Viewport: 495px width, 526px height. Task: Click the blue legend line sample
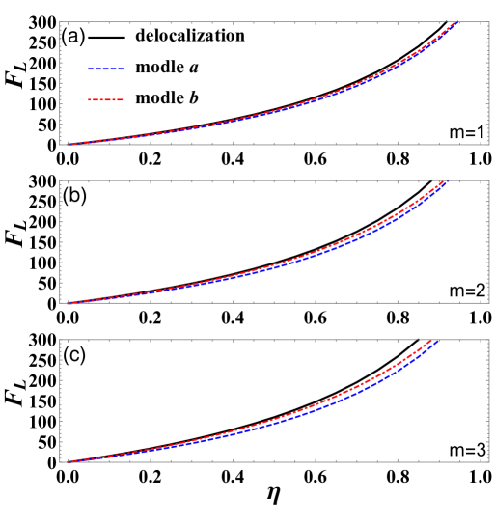click(106, 69)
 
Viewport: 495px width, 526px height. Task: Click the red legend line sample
click(106, 99)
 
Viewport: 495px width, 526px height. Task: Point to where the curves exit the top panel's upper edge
click(455, 23)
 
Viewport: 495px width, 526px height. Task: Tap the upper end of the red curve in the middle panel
click(441, 181)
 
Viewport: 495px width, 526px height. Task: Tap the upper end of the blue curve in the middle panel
click(448, 181)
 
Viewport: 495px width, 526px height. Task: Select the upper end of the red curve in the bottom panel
click(429, 341)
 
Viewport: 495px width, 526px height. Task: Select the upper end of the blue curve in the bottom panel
click(437, 341)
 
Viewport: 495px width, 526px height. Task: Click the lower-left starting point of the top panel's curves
click(69, 144)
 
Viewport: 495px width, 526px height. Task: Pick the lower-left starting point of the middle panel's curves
click(69, 302)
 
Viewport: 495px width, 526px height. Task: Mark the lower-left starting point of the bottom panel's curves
click(69, 461)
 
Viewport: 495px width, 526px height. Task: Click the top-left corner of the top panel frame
click(60, 22)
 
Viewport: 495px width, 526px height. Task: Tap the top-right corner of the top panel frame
click(489, 22)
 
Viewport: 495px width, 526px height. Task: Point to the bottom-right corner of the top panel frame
click(489, 145)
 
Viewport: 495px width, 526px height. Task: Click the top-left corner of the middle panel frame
click(60, 180)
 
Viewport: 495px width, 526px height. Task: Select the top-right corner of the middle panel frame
click(489, 180)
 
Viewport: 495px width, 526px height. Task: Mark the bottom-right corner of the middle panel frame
click(489, 303)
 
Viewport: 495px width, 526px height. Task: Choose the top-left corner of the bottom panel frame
click(60, 340)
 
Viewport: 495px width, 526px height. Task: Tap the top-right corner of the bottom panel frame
click(489, 340)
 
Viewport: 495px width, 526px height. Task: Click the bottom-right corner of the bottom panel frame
click(489, 462)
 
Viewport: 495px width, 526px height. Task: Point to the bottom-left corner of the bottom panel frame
click(60, 462)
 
